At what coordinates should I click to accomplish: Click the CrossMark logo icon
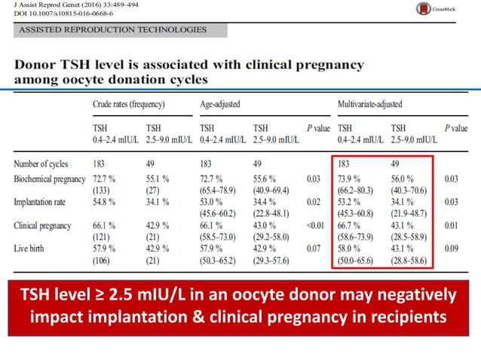click(x=424, y=8)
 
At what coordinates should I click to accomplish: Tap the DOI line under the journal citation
click(x=63, y=14)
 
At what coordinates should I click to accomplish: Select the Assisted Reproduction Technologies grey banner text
click(x=112, y=29)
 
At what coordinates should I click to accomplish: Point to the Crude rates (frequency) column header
click(x=129, y=104)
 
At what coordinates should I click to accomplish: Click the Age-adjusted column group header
click(x=220, y=104)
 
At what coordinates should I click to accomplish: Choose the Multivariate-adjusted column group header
click(x=370, y=104)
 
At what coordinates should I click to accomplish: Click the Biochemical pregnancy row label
click(x=50, y=179)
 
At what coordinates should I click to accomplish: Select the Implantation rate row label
click(x=39, y=202)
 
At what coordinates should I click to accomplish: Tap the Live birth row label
click(x=29, y=249)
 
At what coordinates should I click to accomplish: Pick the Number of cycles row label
click(x=41, y=164)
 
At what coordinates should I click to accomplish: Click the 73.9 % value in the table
click(x=349, y=179)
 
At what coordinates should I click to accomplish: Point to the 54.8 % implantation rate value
click(x=104, y=202)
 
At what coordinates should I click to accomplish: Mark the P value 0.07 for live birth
click(x=314, y=249)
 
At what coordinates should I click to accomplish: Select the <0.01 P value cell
click(x=315, y=225)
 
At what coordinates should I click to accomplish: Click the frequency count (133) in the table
click(x=101, y=191)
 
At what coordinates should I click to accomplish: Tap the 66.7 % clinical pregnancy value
click(x=349, y=225)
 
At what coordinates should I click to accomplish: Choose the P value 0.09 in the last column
click(x=452, y=249)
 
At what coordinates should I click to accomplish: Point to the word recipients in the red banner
click(x=409, y=317)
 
